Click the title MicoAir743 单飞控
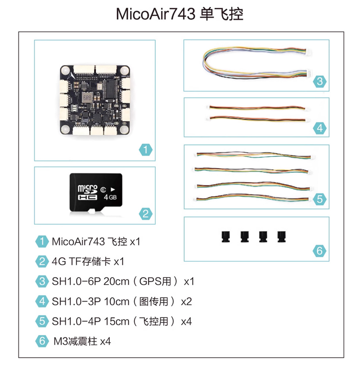tap(180, 14)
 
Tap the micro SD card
tap(96, 193)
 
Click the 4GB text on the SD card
tap(110, 197)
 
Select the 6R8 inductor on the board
tap(87, 97)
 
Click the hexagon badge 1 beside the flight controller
tap(146, 150)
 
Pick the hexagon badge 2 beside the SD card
tap(146, 214)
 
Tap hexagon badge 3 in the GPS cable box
tap(320, 82)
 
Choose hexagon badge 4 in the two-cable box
tap(320, 128)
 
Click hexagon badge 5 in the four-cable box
tap(320, 199)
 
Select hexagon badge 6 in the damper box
tap(320, 251)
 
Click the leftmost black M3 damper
tap(226, 237)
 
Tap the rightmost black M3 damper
tap(281, 237)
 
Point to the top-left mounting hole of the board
tap(65, 71)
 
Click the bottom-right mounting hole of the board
tap(124, 129)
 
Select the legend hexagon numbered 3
tap(42, 281)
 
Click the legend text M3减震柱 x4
tap(82, 341)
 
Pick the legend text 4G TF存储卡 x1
tap(88, 261)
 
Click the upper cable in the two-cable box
tap(258, 108)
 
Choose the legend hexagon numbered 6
tap(42, 341)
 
